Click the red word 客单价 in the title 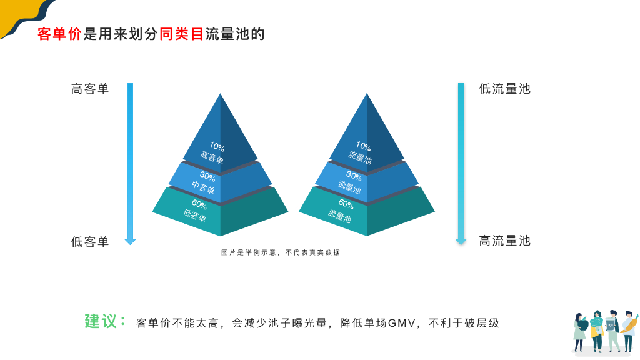click(x=59, y=34)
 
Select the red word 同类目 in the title click(x=182, y=34)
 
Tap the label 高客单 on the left click(x=90, y=89)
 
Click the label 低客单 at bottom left click(x=90, y=242)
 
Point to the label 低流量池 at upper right click(x=504, y=89)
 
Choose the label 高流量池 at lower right click(x=504, y=241)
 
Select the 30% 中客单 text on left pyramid click(x=204, y=182)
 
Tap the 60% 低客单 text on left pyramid click(x=196, y=211)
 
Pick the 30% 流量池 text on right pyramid click(x=351, y=181)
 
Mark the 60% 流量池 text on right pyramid click(x=342, y=211)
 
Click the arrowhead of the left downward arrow click(x=130, y=241)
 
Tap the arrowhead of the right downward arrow click(x=461, y=241)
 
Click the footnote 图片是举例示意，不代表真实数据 click(x=281, y=252)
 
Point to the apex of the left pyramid click(x=220, y=95)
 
